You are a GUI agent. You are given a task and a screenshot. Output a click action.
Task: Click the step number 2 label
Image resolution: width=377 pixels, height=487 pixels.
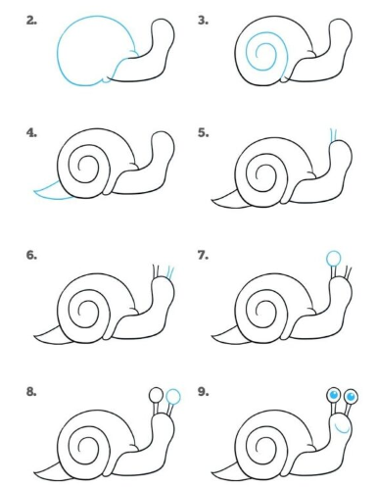[31, 21]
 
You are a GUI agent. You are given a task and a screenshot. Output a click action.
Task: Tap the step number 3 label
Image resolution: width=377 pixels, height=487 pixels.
[203, 21]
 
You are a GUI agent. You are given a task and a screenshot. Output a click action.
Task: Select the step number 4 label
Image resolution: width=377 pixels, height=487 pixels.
[31, 133]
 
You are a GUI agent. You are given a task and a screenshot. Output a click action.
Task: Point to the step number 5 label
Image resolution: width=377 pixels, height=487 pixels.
[203, 133]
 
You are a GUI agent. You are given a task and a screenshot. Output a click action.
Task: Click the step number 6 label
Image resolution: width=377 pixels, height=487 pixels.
[31, 255]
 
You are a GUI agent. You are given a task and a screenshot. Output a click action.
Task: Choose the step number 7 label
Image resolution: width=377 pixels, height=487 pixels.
[203, 255]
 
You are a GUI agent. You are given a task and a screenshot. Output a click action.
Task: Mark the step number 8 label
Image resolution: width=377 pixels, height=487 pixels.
[31, 392]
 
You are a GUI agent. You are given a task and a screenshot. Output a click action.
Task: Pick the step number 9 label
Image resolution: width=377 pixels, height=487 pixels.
[203, 392]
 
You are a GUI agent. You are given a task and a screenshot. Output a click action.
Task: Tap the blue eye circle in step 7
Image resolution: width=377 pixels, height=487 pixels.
[334, 259]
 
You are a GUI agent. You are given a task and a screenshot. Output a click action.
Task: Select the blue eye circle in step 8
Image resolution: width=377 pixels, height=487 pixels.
[173, 397]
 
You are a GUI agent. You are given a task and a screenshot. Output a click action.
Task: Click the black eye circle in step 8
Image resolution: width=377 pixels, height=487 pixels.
[156, 395]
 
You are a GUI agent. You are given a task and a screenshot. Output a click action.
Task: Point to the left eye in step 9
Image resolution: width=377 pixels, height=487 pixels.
[333, 395]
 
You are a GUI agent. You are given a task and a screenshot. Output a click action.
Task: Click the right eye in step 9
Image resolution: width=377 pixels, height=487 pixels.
[351, 397]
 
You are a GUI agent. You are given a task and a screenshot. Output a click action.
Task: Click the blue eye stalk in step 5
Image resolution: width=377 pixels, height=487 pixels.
[333, 135]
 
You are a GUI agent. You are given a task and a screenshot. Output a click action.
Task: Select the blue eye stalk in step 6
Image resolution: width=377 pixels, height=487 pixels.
[170, 273]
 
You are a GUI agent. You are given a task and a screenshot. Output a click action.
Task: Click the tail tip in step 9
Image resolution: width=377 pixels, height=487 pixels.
[212, 472]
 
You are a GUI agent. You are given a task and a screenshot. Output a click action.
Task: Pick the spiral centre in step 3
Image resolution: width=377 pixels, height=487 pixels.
[258, 55]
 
